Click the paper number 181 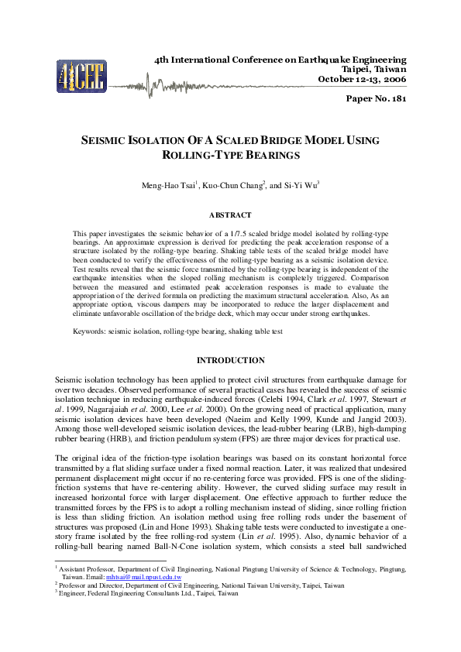(376, 98)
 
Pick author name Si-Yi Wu (301, 187)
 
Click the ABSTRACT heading (230, 214)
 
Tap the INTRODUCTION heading (230, 361)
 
